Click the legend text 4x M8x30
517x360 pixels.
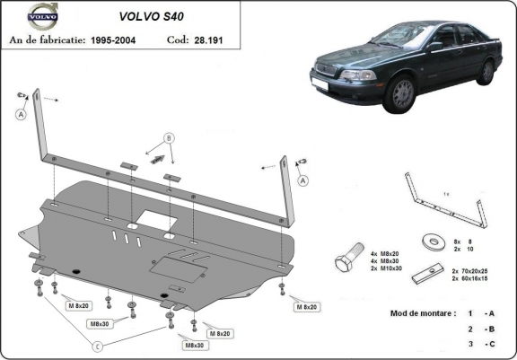pos(387,261)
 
